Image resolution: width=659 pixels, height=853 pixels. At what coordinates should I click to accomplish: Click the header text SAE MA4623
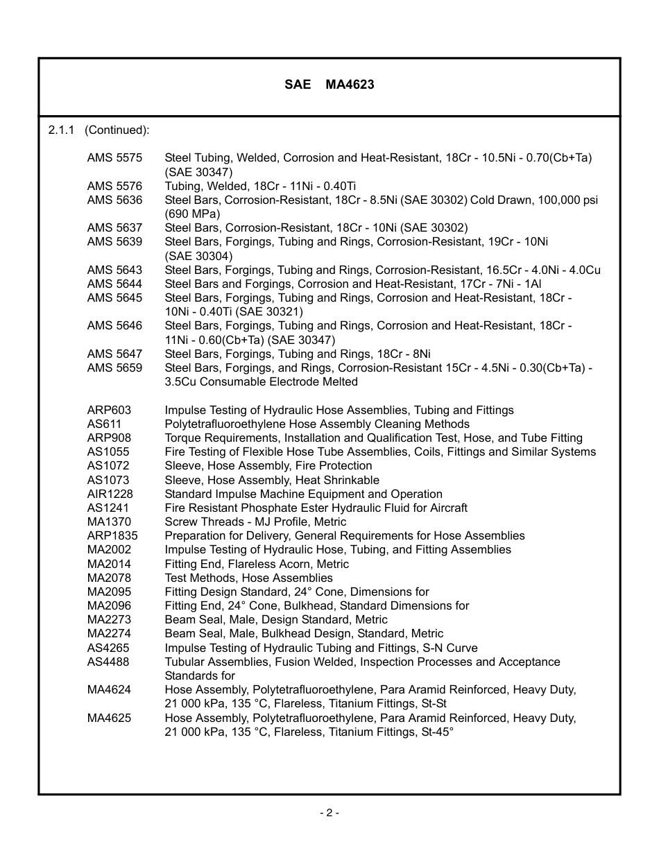tap(329, 85)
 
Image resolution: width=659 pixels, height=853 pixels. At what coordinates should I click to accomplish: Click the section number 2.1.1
tap(61, 130)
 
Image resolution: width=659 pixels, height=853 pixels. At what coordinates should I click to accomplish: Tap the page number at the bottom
tap(329, 813)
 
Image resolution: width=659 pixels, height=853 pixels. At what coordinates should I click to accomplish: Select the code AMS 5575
tap(114, 158)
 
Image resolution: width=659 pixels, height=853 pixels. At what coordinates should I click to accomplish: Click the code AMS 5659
tap(114, 368)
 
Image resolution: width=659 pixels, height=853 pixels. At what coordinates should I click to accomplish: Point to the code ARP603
tap(109, 411)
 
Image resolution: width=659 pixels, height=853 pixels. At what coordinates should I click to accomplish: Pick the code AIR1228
tap(110, 494)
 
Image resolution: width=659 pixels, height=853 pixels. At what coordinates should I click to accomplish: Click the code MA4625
tap(109, 718)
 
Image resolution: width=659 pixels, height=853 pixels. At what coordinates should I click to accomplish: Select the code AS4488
tap(108, 662)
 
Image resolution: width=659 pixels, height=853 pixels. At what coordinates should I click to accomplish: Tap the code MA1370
tap(109, 522)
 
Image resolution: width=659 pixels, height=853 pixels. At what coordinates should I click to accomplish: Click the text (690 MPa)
tap(192, 214)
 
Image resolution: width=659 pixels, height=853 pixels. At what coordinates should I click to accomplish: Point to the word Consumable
tap(232, 382)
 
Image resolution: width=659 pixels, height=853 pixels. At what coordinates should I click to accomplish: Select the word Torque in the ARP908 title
tap(181, 438)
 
